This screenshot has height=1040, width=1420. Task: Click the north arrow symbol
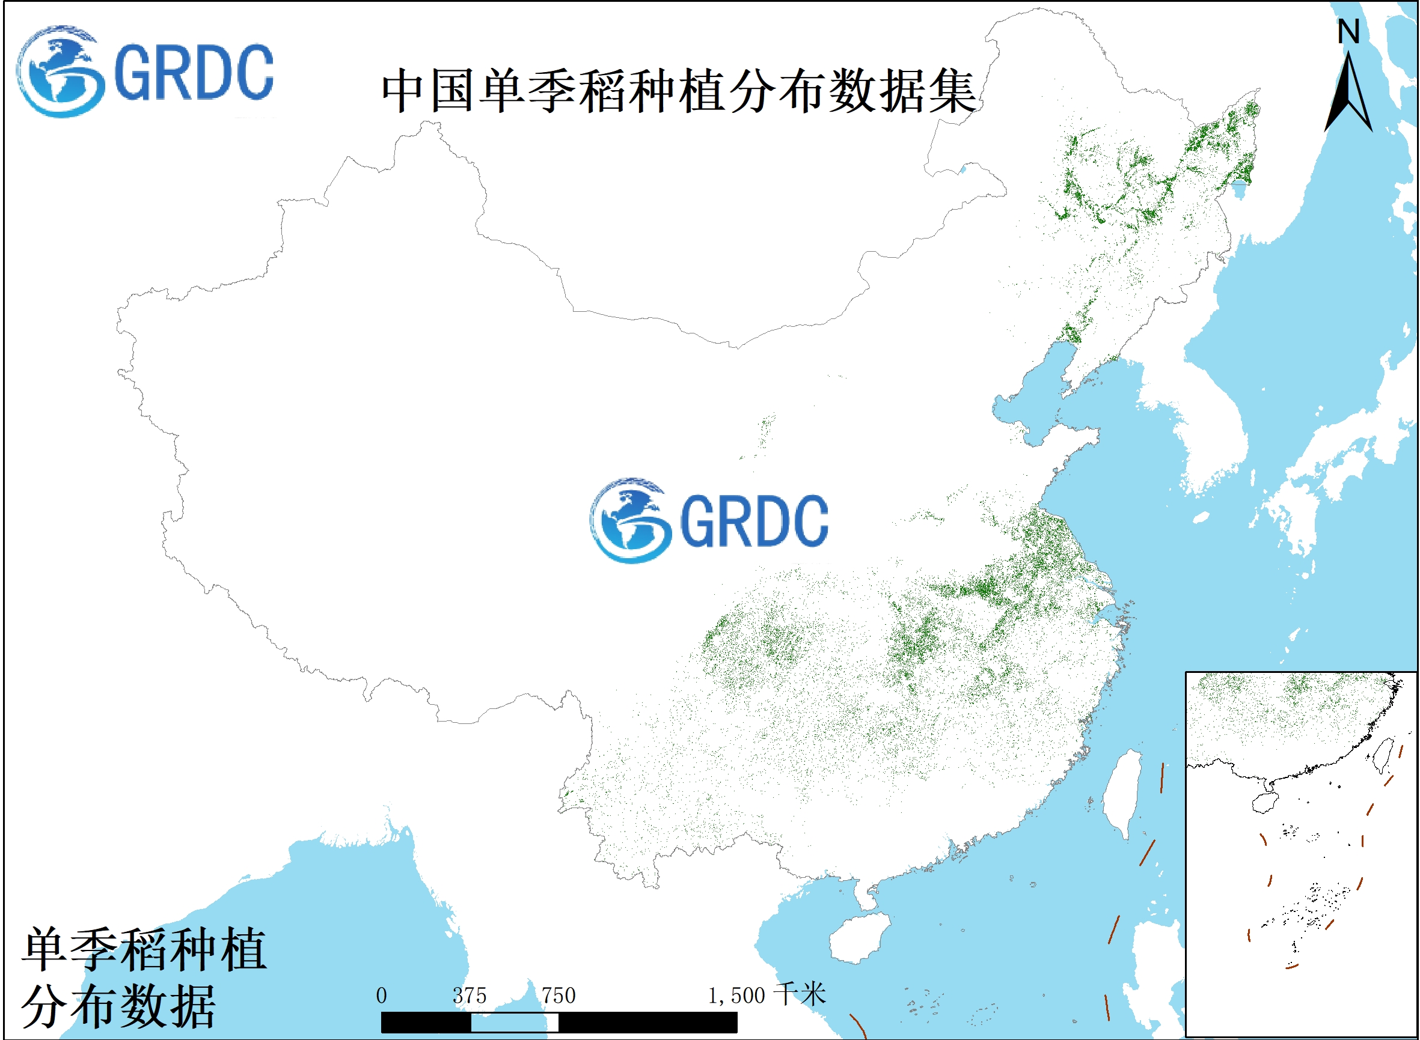click(x=1349, y=94)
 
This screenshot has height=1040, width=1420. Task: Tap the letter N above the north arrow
click(x=1349, y=31)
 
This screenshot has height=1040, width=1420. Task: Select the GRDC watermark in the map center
click(x=709, y=521)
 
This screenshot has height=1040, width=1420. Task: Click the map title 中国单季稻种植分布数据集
click(x=679, y=92)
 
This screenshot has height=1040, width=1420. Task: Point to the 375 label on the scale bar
click(x=470, y=996)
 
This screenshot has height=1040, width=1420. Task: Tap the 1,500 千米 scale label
click(x=766, y=996)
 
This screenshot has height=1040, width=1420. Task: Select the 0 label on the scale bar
click(x=381, y=996)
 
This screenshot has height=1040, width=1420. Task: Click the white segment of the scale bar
click(x=514, y=1023)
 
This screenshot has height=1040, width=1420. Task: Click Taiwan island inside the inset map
click(x=1383, y=755)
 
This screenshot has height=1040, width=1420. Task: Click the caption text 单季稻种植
click(x=144, y=950)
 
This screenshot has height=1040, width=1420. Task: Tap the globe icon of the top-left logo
click(x=61, y=71)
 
